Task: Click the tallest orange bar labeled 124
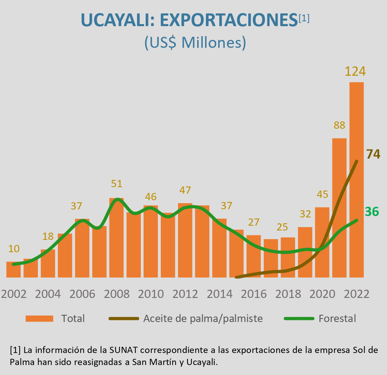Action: tap(356, 179)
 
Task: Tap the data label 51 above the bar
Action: tap(117, 184)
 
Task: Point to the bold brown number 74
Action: tap(373, 154)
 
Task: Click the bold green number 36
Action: tap(372, 212)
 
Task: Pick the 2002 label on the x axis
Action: tap(13, 294)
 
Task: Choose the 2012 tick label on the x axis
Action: tap(185, 294)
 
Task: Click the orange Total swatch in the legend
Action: tap(39, 319)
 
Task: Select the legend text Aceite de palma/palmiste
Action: tap(203, 319)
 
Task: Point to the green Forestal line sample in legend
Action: tap(299, 319)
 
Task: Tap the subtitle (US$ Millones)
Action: tap(195, 43)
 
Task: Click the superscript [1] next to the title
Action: tap(304, 18)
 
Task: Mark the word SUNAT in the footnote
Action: tap(124, 351)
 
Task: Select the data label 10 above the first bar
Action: tap(13, 248)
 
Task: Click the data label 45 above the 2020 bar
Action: tap(322, 195)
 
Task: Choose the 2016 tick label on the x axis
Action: tap(254, 294)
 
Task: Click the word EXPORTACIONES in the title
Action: tap(229, 21)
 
